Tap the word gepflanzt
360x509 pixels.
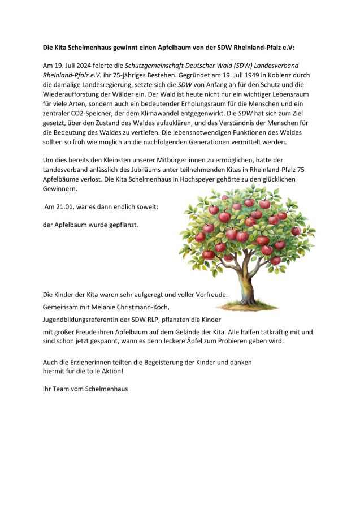point(121,225)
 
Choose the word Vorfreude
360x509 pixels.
point(209,294)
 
